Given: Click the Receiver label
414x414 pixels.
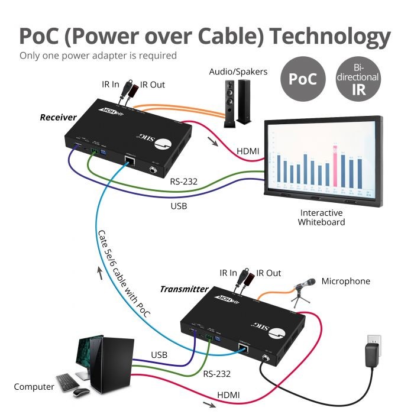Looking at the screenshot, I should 58,117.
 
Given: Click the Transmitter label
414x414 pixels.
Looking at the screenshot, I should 184,289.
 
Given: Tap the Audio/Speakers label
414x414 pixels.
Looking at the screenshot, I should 238,72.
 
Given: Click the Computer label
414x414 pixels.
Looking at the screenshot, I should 34,387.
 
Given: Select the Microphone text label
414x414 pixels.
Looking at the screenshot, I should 345,281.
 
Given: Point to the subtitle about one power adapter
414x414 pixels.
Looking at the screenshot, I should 98,56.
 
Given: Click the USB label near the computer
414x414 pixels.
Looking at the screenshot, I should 159,355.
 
